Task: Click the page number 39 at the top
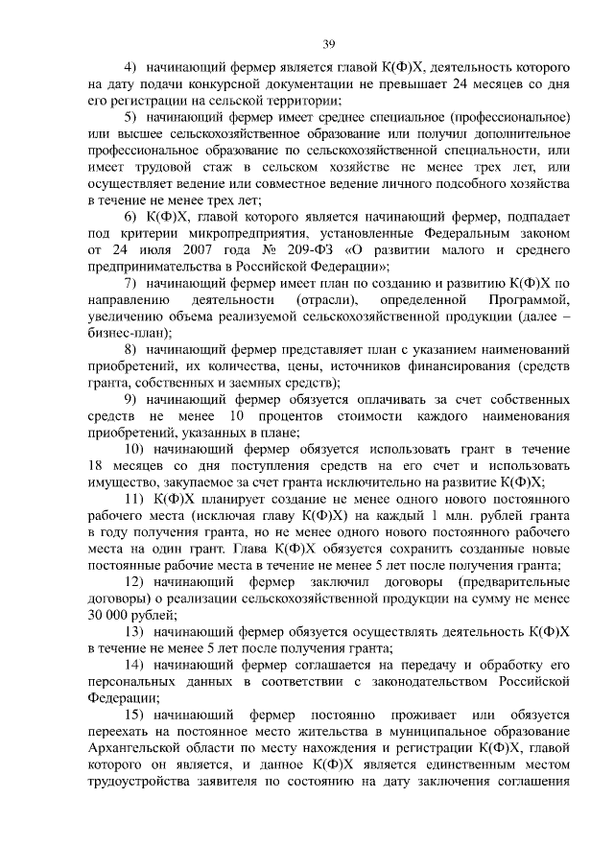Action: click(328, 42)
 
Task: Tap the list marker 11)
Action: click(135, 501)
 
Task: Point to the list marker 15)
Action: click(135, 716)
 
